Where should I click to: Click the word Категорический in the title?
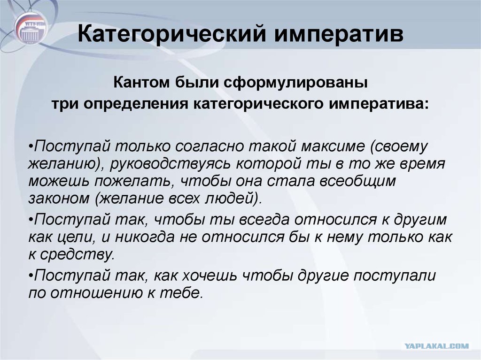coord(172,33)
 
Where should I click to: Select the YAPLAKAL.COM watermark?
coord(436,346)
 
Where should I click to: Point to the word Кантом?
coord(141,83)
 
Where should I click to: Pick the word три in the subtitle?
coord(65,104)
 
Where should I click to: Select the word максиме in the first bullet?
coord(334,146)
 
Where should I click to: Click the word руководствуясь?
coord(170,164)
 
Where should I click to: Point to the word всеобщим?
coord(357,181)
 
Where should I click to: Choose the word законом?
coord(59,199)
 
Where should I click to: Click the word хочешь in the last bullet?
coord(209,276)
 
